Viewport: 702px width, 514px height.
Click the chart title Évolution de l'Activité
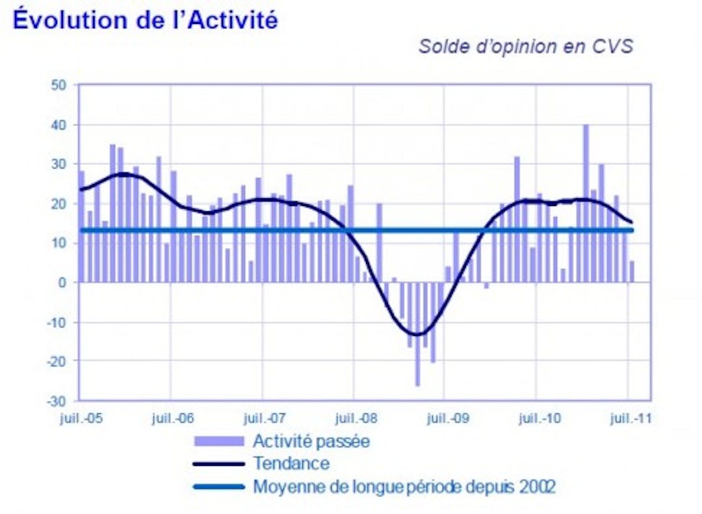pyautogui.click(x=145, y=19)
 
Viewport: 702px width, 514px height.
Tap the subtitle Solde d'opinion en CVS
pyautogui.click(x=525, y=47)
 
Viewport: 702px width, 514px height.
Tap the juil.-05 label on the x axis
pyautogui.click(x=79, y=418)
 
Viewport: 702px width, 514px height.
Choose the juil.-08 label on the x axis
pyautogui.click(x=354, y=418)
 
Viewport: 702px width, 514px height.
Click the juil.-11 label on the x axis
pyautogui.click(x=629, y=418)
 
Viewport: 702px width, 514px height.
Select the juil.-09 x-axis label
pyautogui.click(x=445, y=418)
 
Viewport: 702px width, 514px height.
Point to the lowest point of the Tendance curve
pyautogui.click(x=416, y=335)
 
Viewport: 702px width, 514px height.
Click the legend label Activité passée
pyautogui.click(x=311, y=441)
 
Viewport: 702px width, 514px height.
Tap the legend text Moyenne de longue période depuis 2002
pyautogui.click(x=404, y=486)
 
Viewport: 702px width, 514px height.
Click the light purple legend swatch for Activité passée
pyautogui.click(x=218, y=441)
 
